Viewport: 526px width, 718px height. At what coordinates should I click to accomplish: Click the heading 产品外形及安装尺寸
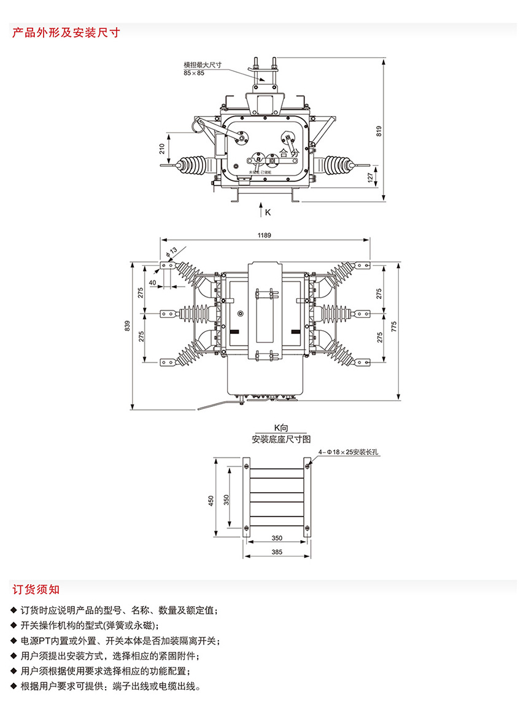[66, 33]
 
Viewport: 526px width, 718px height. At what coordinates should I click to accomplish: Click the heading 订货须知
[36, 590]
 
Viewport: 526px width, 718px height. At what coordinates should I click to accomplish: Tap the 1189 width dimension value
[265, 235]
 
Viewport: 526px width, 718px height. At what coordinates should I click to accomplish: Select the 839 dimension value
[127, 326]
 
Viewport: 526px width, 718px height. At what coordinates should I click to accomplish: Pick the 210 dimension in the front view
[162, 148]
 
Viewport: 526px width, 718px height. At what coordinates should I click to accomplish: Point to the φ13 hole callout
[171, 250]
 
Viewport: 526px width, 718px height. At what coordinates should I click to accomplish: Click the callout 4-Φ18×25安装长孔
[350, 452]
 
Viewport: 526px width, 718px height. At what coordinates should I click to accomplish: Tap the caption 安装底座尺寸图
[281, 439]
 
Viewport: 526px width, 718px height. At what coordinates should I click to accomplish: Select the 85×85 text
[193, 73]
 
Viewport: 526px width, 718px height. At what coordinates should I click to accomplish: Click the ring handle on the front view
[198, 126]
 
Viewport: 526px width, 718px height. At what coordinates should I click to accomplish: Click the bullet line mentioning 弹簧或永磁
[90, 625]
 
